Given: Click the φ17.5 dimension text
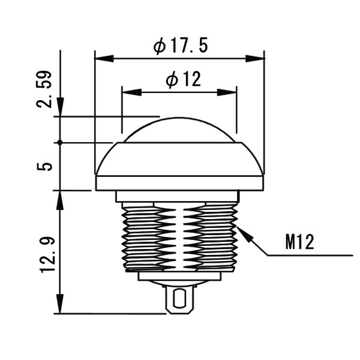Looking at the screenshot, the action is point(181,46).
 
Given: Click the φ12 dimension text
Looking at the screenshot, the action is point(184,79).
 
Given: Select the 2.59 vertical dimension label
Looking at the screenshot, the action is point(44,89).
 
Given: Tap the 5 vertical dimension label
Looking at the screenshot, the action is point(44,166).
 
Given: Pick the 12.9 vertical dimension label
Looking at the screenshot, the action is point(47,254).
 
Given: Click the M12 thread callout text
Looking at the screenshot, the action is point(299,242).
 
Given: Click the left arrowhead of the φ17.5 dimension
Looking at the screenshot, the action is point(104,59).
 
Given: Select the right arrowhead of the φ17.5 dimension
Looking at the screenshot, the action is point(255,59).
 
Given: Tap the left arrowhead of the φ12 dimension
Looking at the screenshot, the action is point(132,92).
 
